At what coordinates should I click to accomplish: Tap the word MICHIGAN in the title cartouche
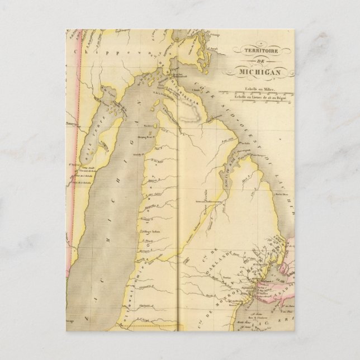[x=266, y=72]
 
